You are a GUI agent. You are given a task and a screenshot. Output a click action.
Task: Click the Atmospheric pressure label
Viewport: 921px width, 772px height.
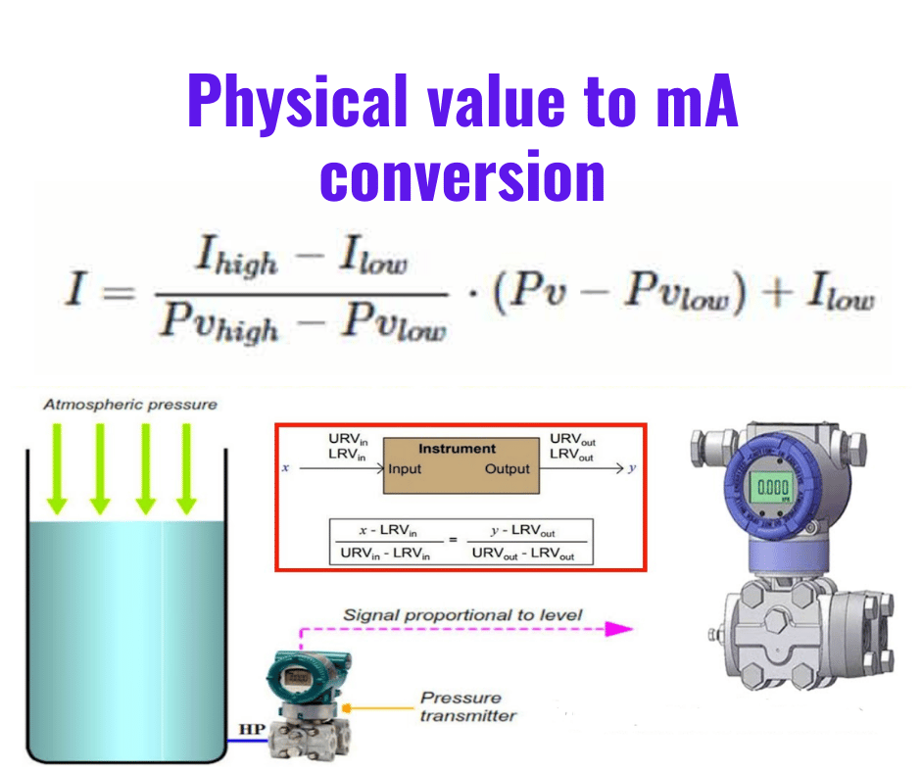tap(129, 405)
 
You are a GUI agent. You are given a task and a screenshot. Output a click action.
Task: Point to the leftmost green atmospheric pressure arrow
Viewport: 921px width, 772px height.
tap(57, 468)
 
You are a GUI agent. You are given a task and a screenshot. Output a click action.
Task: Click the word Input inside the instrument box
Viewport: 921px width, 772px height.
tap(405, 469)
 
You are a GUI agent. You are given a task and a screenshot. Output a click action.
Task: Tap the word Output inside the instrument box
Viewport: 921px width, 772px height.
tap(507, 469)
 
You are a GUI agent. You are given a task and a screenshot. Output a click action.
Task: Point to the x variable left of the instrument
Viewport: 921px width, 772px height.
tap(284, 469)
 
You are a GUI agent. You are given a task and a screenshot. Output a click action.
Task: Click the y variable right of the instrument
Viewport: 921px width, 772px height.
tap(632, 469)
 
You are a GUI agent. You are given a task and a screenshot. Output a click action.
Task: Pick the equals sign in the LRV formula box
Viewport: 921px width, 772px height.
tap(453, 540)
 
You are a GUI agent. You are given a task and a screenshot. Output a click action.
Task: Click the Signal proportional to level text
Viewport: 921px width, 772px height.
tap(462, 615)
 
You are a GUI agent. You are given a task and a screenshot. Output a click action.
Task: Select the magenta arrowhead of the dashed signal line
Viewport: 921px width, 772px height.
tap(618, 629)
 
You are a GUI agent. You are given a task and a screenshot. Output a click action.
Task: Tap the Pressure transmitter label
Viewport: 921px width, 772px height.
tap(461, 706)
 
